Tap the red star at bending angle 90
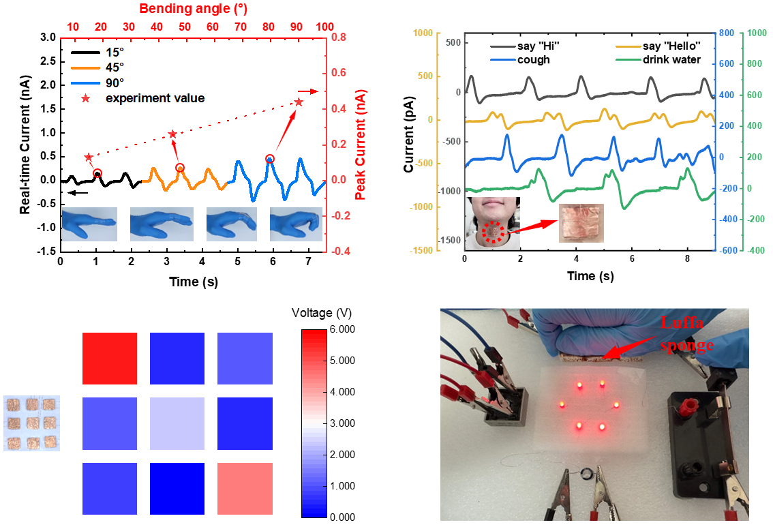coord(298,102)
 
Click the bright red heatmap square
coord(109,358)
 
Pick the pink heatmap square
coord(245,488)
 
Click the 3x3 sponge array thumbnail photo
coord(31,423)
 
